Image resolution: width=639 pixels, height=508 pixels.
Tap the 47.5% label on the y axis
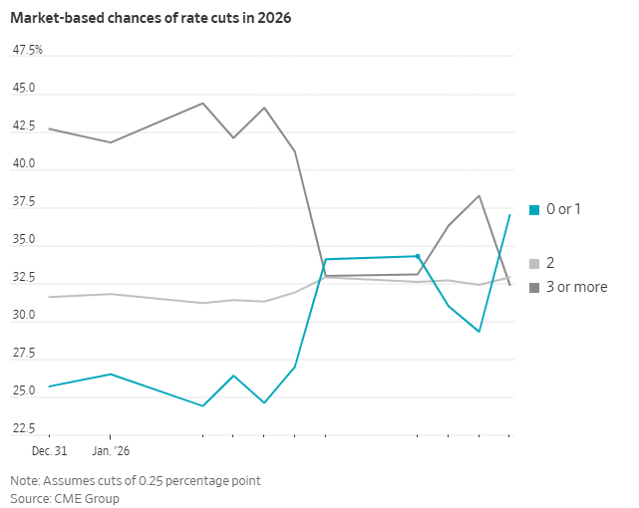27,50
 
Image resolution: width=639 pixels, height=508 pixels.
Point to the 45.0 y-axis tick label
24,88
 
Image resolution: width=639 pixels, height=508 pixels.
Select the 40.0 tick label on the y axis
24,163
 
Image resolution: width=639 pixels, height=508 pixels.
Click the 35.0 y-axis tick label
24,239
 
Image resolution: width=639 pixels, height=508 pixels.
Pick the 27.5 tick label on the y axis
24,354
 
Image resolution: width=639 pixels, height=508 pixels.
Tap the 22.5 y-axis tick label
24,429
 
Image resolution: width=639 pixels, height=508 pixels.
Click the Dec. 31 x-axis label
48,451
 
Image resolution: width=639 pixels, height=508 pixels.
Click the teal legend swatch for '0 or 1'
534,209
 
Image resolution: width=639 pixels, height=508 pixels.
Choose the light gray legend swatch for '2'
534,264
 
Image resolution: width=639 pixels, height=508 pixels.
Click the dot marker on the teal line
418,256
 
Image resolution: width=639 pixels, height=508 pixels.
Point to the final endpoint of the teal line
509,214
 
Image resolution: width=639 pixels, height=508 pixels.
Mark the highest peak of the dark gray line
203,103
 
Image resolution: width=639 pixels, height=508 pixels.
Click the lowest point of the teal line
203,405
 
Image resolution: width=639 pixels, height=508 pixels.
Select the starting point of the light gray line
49,297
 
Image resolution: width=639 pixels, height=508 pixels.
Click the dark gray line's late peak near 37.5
479,195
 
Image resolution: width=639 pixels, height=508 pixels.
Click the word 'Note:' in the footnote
26,480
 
